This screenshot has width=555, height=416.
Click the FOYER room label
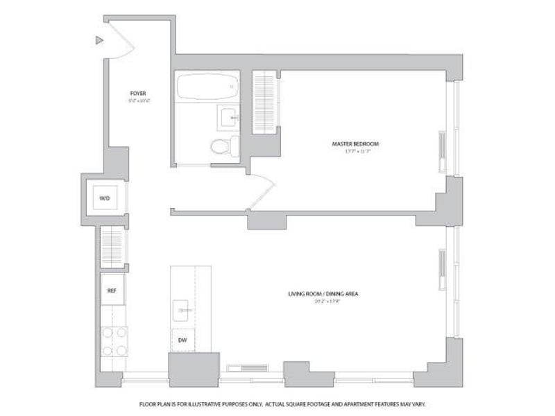(138, 93)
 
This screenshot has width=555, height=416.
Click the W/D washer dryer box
(105, 198)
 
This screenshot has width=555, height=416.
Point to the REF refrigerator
(111, 291)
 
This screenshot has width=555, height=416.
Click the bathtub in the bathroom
(206, 88)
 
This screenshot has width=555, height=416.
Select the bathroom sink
(229, 118)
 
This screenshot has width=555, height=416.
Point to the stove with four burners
(114, 340)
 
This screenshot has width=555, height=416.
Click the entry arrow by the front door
(99, 41)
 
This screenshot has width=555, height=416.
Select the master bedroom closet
(264, 100)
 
